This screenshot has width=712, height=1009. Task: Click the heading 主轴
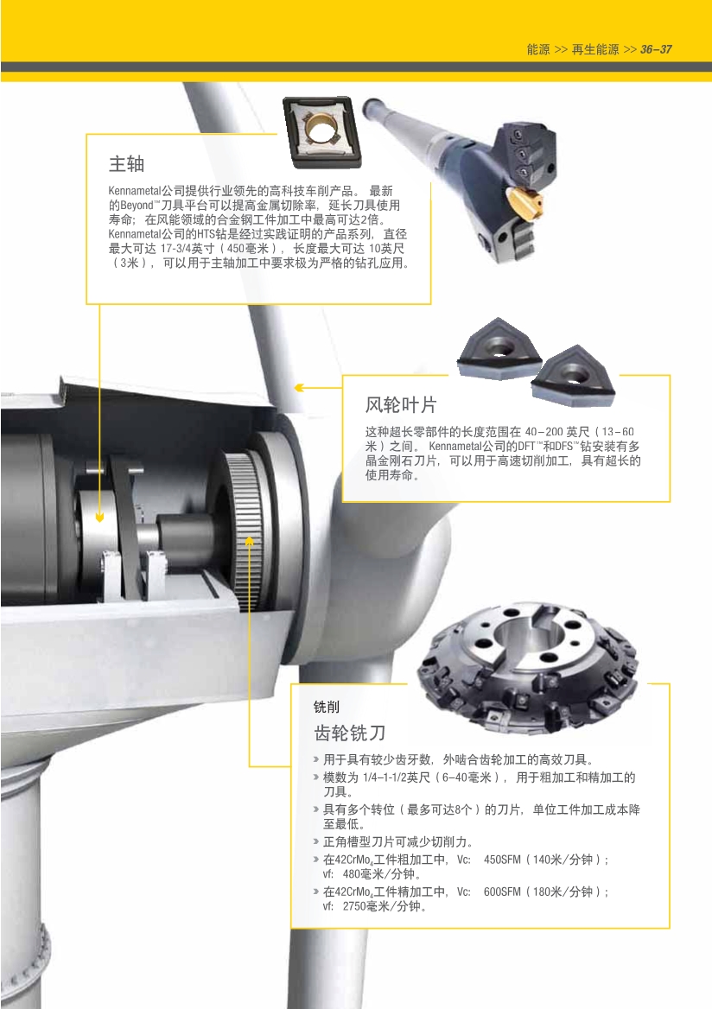[126, 164]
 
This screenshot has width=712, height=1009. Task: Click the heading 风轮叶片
[401, 405]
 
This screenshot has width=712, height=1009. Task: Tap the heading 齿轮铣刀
[350, 733]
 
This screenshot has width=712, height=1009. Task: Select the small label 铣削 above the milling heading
[327, 707]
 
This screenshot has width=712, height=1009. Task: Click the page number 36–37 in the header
[656, 49]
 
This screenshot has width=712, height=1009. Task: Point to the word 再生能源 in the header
[595, 49]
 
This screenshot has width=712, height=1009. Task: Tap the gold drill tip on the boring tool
[524, 201]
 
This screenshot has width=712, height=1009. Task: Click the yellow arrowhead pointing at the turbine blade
[299, 387]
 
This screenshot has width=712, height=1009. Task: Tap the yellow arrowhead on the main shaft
[99, 516]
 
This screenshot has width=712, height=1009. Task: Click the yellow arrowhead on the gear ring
[250, 541]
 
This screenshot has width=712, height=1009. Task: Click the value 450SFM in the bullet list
[502, 860]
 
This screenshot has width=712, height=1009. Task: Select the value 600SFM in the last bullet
[502, 892]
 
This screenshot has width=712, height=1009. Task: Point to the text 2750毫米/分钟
[382, 906]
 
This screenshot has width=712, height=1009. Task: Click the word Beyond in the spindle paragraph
[137, 206]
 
